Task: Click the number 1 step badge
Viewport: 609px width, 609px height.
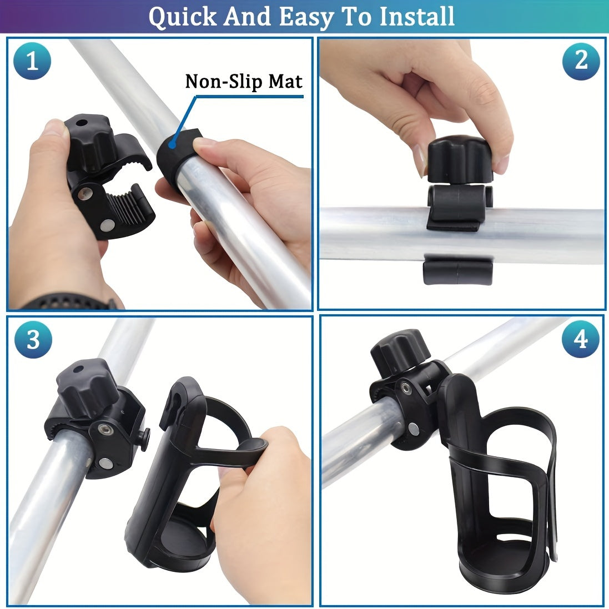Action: tap(32, 61)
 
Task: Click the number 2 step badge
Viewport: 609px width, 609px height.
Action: tap(581, 62)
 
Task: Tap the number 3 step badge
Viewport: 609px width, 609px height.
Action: tap(33, 339)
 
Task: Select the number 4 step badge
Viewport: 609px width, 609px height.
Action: tap(581, 339)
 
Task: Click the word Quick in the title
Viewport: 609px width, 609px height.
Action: tap(182, 17)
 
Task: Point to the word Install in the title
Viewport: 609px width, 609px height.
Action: tap(417, 16)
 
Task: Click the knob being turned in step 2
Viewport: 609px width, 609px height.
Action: tap(460, 159)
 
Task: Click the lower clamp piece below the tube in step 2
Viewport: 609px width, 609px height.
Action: tap(458, 270)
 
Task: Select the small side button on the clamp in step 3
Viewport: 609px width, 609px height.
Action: tap(145, 439)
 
